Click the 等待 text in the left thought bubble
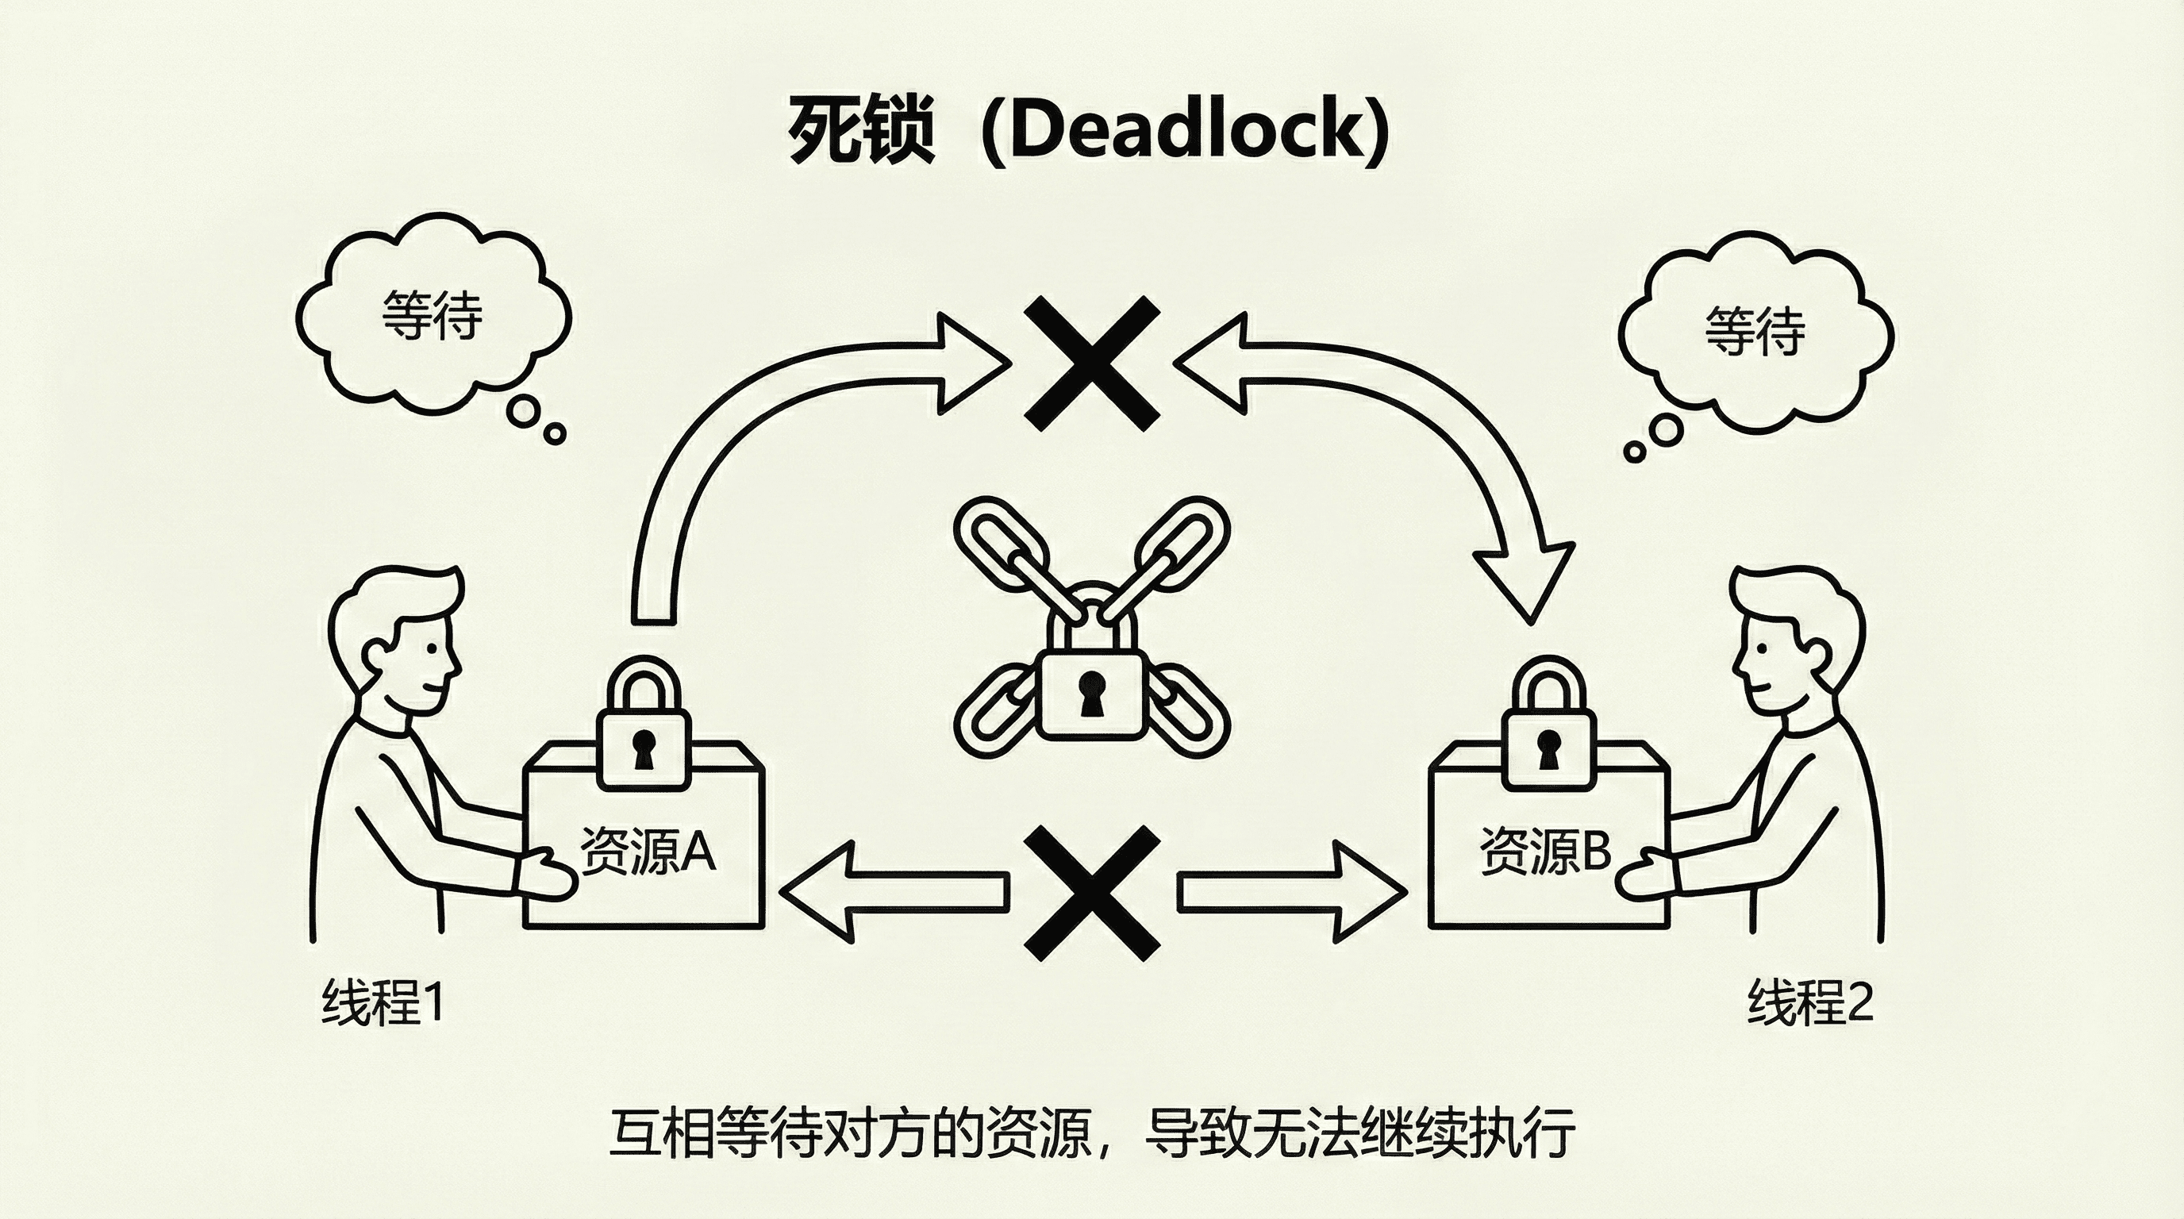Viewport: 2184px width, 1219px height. click(433, 315)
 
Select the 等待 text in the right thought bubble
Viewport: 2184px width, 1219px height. click(1755, 331)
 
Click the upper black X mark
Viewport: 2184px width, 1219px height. click(1092, 363)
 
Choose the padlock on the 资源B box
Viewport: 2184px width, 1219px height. click(1548, 729)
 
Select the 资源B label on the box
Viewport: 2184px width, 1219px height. click(1544, 850)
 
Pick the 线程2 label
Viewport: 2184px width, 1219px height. click(1810, 1003)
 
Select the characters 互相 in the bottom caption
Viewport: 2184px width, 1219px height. click(661, 1132)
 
